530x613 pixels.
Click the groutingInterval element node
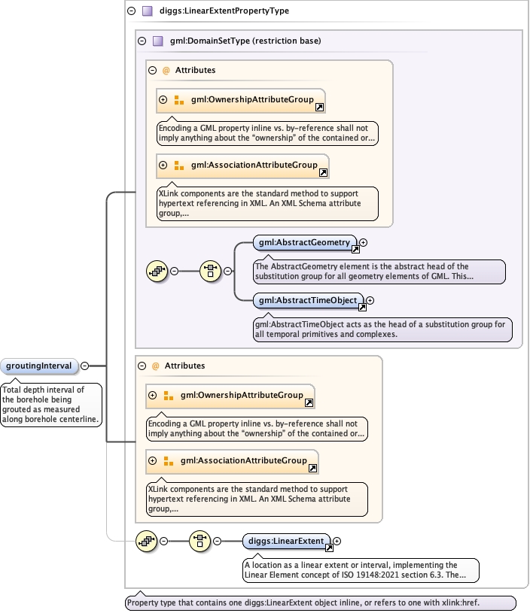point(39,366)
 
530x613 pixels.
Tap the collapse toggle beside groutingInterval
point(84,366)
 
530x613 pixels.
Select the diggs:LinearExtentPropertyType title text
point(224,11)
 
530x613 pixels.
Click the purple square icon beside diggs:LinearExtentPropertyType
point(147,11)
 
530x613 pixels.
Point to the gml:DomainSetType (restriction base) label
point(245,41)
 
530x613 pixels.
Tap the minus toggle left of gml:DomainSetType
point(142,41)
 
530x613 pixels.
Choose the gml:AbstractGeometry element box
point(305,242)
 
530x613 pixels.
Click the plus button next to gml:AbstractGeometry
point(364,242)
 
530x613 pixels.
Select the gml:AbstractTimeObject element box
point(309,300)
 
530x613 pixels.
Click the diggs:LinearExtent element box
point(287,541)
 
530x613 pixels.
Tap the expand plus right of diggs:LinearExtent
point(337,541)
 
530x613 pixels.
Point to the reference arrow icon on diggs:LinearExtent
point(329,548)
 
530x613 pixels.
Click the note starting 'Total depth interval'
point(51,404)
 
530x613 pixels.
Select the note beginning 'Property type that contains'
point(321,602)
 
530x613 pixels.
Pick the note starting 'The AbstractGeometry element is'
point(379,272)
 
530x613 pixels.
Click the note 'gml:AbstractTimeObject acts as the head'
point(383,329)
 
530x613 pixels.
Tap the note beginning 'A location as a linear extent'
point(361,570)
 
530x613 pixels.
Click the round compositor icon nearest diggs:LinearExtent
point(200,541)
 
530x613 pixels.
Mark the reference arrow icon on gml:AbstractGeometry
point(355,250)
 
